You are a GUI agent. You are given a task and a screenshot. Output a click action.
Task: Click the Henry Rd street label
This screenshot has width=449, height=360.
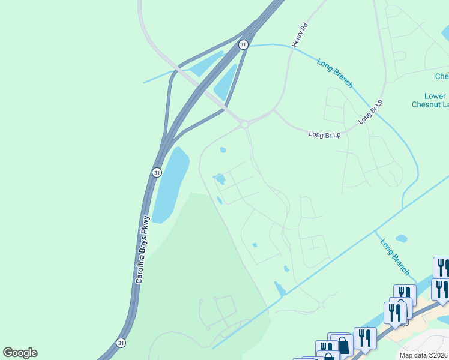click(300, 35)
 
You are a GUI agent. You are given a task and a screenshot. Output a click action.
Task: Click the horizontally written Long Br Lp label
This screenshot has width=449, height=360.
click(324, 134)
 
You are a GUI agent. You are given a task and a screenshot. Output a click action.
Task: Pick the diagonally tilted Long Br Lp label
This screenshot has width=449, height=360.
click(370, 112)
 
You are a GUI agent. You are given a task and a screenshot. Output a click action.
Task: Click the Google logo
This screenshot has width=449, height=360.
click(20, 352)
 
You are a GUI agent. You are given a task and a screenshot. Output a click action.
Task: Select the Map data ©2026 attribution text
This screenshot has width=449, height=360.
click(423, 355)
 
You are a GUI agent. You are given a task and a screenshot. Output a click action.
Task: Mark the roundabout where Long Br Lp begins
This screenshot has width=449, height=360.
click(244, 124)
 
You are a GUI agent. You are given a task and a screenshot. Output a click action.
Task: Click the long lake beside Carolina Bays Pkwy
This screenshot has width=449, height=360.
click(169, 183)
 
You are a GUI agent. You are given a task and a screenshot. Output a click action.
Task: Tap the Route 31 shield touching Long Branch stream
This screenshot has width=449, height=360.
click(243, 44)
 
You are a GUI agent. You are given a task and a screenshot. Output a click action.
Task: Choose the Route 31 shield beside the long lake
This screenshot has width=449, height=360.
click(156, 172)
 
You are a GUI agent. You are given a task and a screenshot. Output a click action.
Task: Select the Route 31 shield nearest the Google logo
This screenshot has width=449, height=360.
click(121, 343)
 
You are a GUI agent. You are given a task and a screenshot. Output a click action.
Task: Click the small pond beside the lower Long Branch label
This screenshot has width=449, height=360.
click(402, 238)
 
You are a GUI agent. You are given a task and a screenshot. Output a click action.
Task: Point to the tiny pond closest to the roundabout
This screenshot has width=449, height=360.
click(223, 150)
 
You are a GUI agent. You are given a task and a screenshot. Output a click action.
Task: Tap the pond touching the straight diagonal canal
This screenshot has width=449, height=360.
click(280, 289)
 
